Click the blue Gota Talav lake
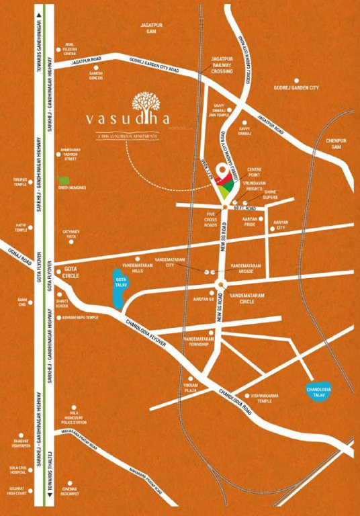(x=120, y=289)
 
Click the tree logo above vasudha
(x=146, y=101)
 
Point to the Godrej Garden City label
(x=298, y=88)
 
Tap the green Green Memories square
(x=64, y=180)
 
